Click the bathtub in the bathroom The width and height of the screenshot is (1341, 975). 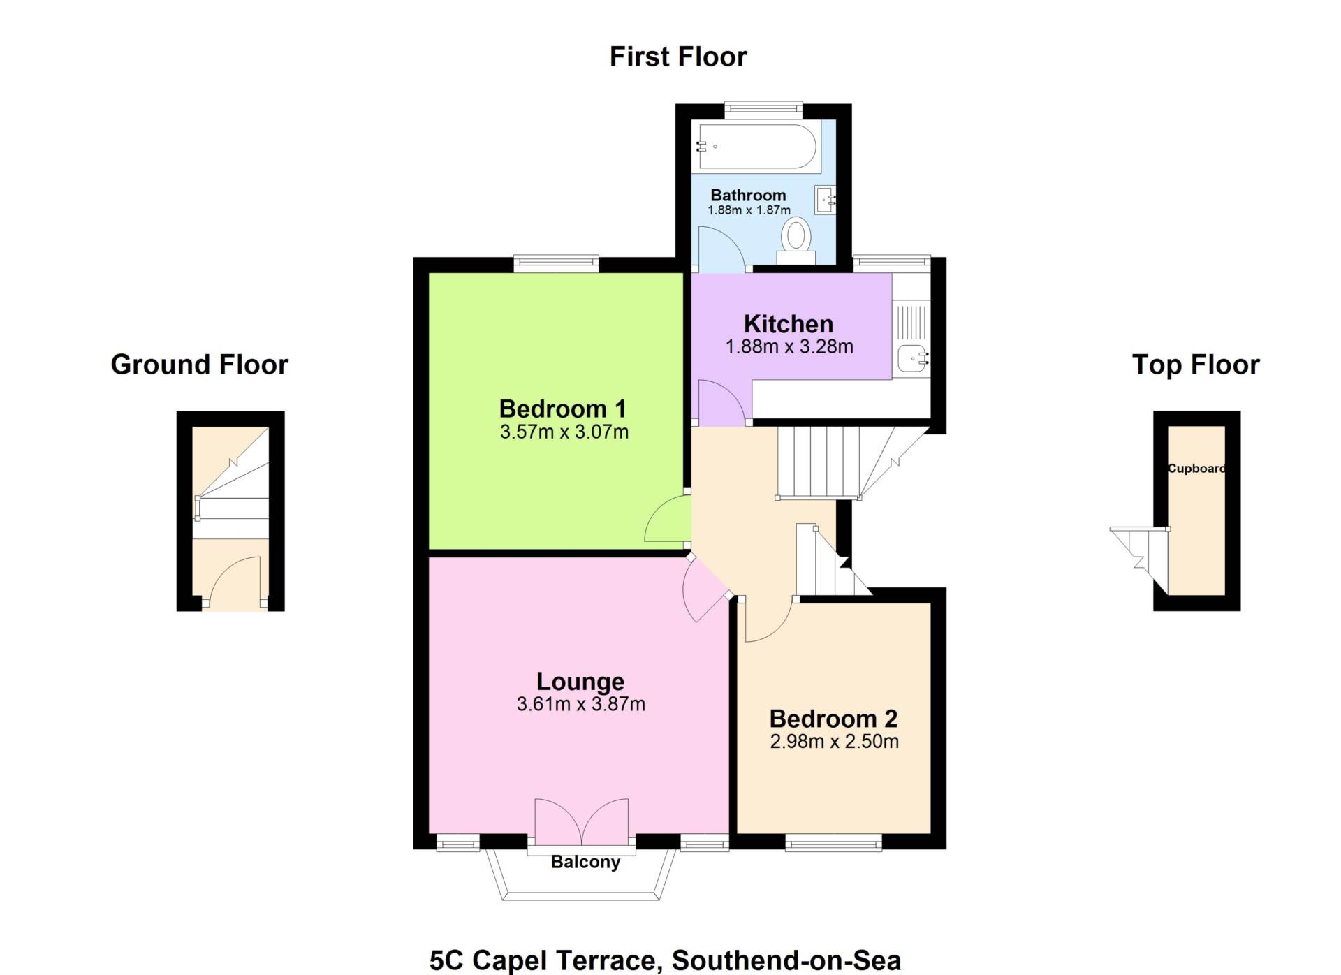click(x=757, y=147)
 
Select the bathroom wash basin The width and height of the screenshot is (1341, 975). click(x=825, y=200)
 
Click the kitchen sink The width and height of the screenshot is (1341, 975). click(x=912, y=358)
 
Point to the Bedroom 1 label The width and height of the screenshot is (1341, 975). click(x=562, y=409)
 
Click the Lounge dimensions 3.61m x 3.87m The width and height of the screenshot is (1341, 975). click(x=580, y=704)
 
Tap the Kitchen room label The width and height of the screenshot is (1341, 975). click(x=789, y=324)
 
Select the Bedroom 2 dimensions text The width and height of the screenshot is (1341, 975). click(x=834, y=742)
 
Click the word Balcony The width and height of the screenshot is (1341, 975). click(x=585, y=862)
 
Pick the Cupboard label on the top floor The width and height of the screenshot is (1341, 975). click(x=1196, y=469)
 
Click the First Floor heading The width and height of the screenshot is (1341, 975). click(x=678, y=57)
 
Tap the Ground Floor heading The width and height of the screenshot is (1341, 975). click(x=200, y=365)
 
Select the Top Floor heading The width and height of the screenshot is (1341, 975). click(x=1196, y=365)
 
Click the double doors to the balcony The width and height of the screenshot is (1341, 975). click(x=581, y=823)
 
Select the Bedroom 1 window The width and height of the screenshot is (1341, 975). click(x=556, y=264)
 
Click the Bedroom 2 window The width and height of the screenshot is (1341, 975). click(x=833, y=844)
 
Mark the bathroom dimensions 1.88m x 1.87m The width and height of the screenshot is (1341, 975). click(x=749, y=210)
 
